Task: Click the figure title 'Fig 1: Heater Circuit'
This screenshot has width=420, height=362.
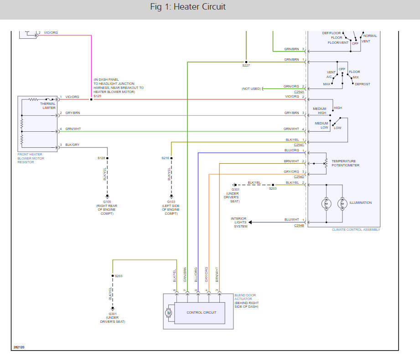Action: tap(188, 6)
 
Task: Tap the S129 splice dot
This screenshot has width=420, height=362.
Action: tap(91, 99)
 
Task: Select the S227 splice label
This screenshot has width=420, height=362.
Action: tap(246, 65)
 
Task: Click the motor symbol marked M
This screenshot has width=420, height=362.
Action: tap(168, 312)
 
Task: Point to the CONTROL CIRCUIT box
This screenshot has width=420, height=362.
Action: tap(200, 313)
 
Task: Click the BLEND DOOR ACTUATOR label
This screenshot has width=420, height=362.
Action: tap(245, 297)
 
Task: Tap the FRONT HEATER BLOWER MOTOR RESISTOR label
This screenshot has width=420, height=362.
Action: tap(31, 158)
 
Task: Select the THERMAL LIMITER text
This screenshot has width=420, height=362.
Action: tap(48, 106)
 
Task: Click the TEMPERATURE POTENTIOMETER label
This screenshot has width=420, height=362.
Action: tap(346, 163)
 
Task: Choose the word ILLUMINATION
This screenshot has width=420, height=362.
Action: tap(361, 203)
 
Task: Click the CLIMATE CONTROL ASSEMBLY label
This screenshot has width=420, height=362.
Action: tap(356, 229)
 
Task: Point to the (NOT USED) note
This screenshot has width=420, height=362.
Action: tap(251, 88)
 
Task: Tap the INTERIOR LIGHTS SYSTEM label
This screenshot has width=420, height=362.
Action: tap(239, 222)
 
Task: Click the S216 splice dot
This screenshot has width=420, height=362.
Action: tap(171, 158)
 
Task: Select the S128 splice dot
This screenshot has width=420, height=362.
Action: tap(108, 158)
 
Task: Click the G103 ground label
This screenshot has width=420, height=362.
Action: tap(171, 202)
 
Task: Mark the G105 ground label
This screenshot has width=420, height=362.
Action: tap(107, 202)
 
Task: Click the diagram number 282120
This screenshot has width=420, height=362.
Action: tap(19, 347)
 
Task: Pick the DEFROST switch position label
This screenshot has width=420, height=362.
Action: tap(363, 84)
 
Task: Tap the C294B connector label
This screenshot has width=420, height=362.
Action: tap(299, 226)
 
